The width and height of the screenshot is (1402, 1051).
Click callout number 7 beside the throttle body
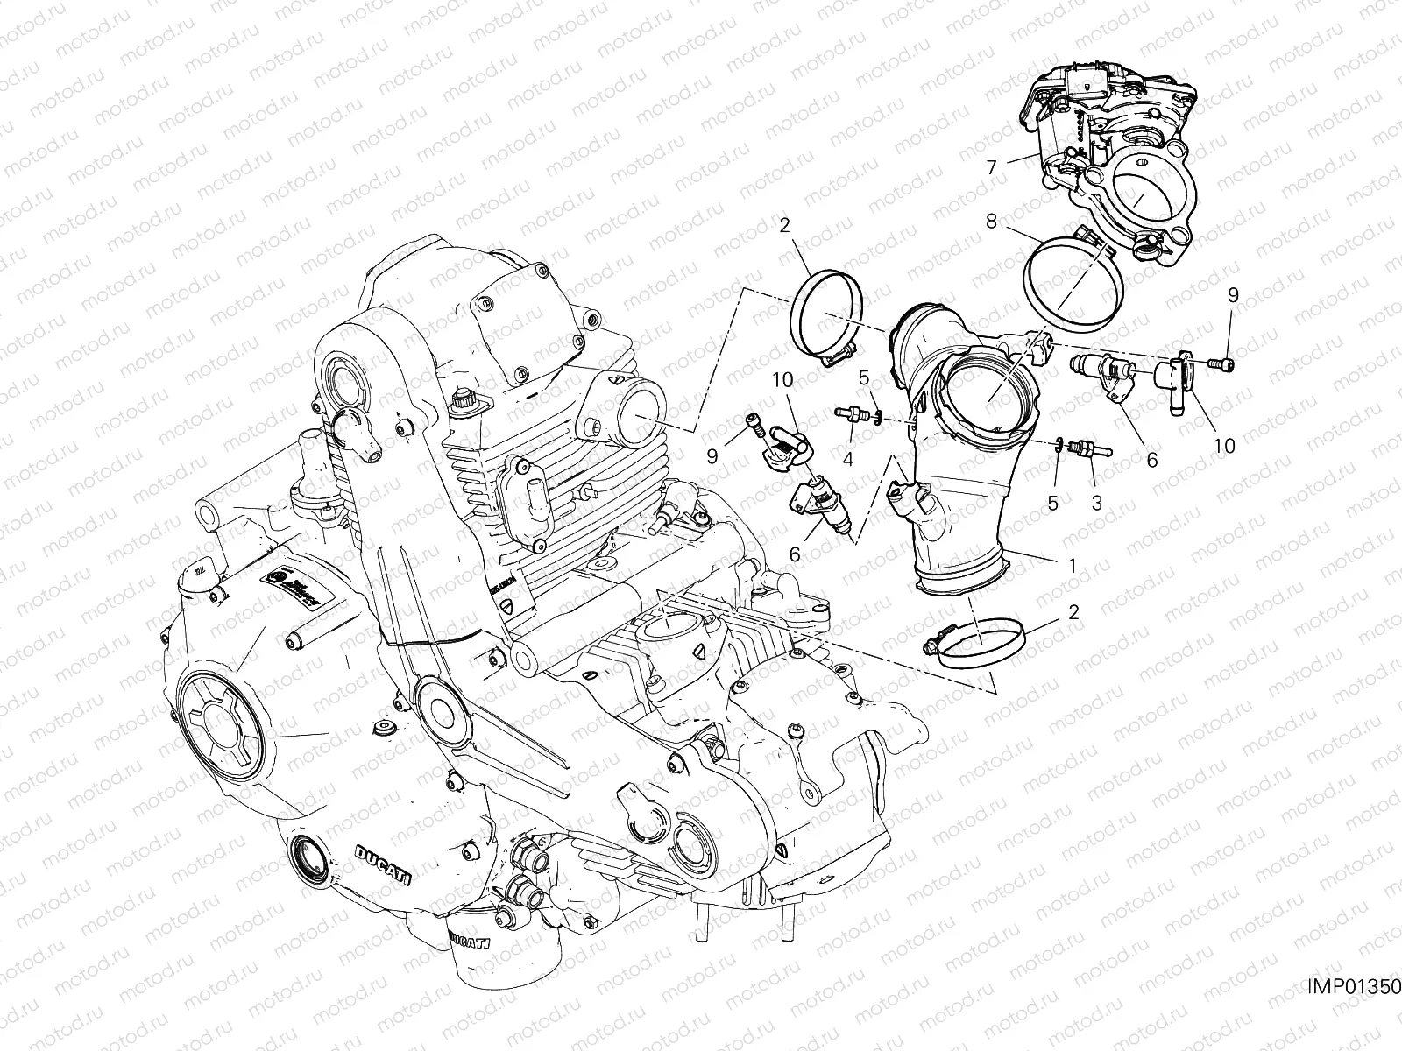[x=991, y=166]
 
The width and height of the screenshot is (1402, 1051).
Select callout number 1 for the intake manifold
[x=1071, y=566]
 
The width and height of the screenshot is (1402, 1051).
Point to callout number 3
[x=1095, y=503]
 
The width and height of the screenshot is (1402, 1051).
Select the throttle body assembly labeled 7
[x=1104, y=149]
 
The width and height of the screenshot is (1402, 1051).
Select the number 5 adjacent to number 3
[x=1053, y=503]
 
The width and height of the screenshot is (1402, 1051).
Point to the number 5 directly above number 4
[x=863, y=378]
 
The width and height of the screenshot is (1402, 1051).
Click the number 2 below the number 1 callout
[x=1073, y=611]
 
